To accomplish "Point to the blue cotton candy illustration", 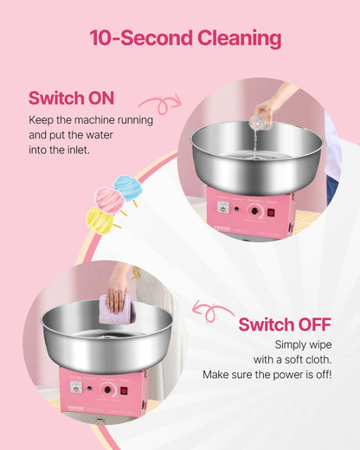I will pos(128,187).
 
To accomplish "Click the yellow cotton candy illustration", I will pos(100,220).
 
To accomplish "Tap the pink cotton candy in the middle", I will pos(111,201).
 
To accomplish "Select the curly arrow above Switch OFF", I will pos(212,310).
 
